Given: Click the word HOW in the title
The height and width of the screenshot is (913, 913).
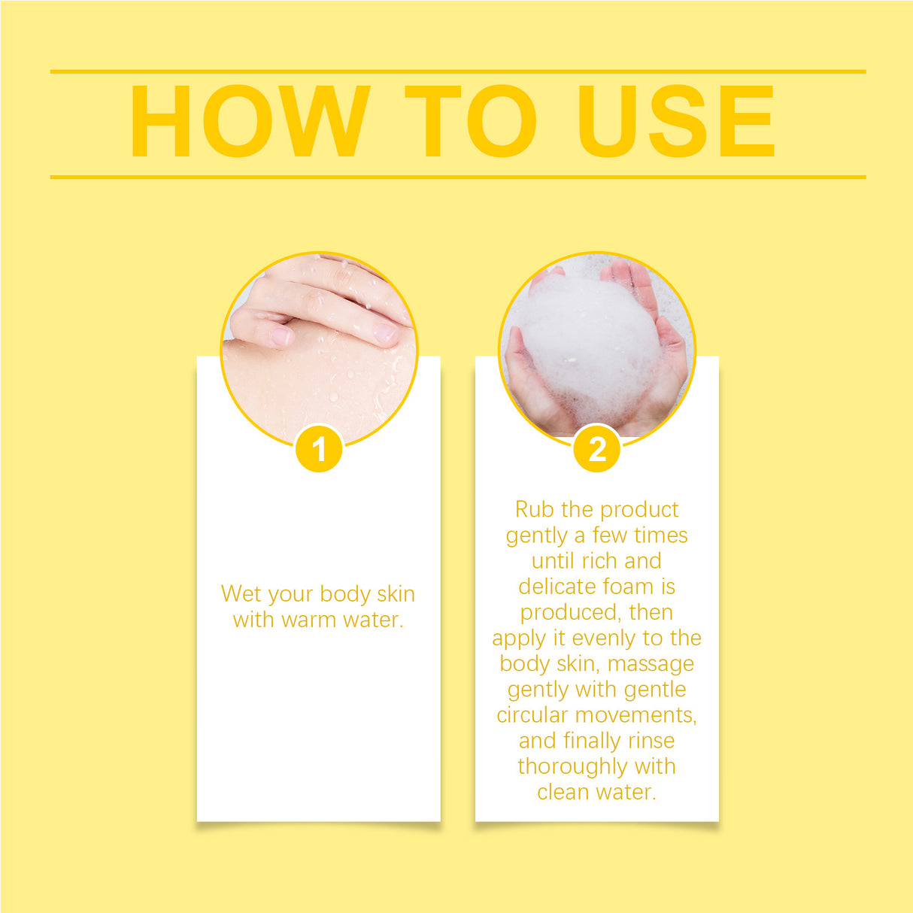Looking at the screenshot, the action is click(x=250, y=121).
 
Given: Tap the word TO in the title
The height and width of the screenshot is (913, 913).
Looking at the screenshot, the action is click(x=471, y=121).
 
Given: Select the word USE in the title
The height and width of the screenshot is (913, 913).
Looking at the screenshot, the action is click(x=677, y=121).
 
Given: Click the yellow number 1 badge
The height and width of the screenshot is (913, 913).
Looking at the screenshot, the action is click(x=319, y=449).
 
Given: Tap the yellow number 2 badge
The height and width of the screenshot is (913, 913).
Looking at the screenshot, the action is click(x=597, y=449).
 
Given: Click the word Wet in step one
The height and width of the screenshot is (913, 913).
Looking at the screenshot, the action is click(x=241, y=594).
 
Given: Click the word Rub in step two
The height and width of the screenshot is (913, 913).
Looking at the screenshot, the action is click(x=535, y=510).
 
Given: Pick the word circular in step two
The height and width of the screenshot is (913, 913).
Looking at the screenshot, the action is click(x=532, y=715).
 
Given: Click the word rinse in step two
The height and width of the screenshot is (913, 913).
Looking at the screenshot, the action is click(x=651, y=741).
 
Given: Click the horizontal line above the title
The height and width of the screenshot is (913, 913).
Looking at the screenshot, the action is click(x=458, y=71).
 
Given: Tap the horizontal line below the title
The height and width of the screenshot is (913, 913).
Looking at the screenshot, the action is click(x=458, y=177).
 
